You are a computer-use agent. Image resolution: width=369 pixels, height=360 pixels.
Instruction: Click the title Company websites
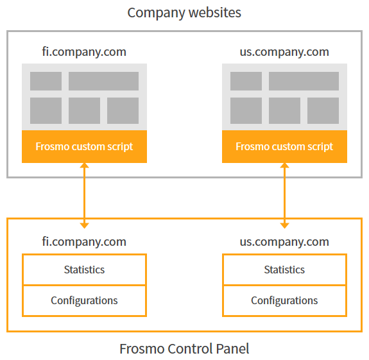click(x=184, y=12)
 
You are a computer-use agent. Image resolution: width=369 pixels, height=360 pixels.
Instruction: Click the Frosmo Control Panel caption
click(x=184, y=349)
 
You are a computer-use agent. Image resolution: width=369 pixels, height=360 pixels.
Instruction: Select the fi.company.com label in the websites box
click(x=84, y=51)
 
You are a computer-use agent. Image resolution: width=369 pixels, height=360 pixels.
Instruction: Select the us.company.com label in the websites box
click(x=284, y=51)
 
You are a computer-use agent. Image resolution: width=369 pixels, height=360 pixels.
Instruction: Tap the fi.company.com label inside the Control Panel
click(x=84, y=241)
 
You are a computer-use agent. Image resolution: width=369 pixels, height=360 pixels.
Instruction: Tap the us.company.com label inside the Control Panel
click(x=284, y=241)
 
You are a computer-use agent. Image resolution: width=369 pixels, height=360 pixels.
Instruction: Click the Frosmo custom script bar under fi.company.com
click(x=84, y=146)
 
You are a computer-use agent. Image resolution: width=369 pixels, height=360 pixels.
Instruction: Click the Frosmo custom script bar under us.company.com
click(x=284, y=146)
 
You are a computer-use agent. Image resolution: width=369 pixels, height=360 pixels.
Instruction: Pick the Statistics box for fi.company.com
click(x=84, y=270)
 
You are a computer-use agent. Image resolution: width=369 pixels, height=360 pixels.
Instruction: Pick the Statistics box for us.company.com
click(x=284, y=270)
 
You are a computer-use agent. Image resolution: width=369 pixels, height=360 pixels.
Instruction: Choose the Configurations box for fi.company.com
click(x=84, y=300)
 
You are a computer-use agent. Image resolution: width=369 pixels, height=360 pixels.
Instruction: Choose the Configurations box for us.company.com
click(x=284, y=300)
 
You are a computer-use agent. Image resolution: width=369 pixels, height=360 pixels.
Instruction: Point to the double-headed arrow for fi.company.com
click(x=84, y=195)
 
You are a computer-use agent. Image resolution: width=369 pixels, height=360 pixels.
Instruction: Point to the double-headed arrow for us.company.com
click(x=284, y=195)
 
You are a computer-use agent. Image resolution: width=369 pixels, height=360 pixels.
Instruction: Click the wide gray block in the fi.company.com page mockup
click(x=103, y=81)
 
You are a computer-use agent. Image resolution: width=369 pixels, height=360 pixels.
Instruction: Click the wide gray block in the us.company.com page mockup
click(x=304, y=81)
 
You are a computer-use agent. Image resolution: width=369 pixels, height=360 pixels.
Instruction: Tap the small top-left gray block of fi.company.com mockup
click(x=46, y=81)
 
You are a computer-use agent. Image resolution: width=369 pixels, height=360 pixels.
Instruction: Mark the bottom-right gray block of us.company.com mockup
click(x=323, y=110)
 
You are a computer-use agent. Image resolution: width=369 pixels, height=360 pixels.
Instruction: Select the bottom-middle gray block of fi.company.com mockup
click(x=84, y=110)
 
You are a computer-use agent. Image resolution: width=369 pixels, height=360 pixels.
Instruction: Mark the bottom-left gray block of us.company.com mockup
click(x=246, y=110)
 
